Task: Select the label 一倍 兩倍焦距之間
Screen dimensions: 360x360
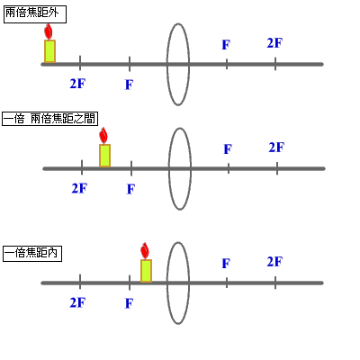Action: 50,119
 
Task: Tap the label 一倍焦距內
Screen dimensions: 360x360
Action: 31,254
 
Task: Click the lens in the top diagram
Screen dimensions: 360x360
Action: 178,56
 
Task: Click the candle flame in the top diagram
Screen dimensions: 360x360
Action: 49,31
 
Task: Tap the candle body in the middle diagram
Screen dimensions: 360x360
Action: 104,155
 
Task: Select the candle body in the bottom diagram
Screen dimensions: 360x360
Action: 146,271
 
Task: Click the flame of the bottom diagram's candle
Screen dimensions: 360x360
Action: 145,250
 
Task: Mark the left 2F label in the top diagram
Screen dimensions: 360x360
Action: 78,83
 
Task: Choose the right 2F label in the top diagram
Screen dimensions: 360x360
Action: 274,42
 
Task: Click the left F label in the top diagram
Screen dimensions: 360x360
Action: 129,84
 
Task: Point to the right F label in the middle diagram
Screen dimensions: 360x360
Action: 228,148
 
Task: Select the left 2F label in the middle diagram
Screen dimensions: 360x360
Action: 79,188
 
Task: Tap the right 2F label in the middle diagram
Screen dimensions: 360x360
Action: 276,147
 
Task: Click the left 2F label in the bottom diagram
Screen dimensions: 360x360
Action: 77,303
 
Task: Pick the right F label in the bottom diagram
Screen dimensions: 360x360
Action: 226,263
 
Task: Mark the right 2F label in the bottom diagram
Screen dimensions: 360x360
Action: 274,261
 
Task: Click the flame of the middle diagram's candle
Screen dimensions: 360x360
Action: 103,136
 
